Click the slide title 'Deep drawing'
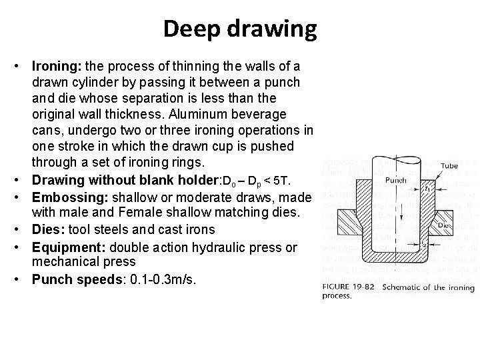(240, 29)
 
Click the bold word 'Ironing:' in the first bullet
(54, 67)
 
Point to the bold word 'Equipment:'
(66, 247)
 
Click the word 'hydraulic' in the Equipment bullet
(219, 247)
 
